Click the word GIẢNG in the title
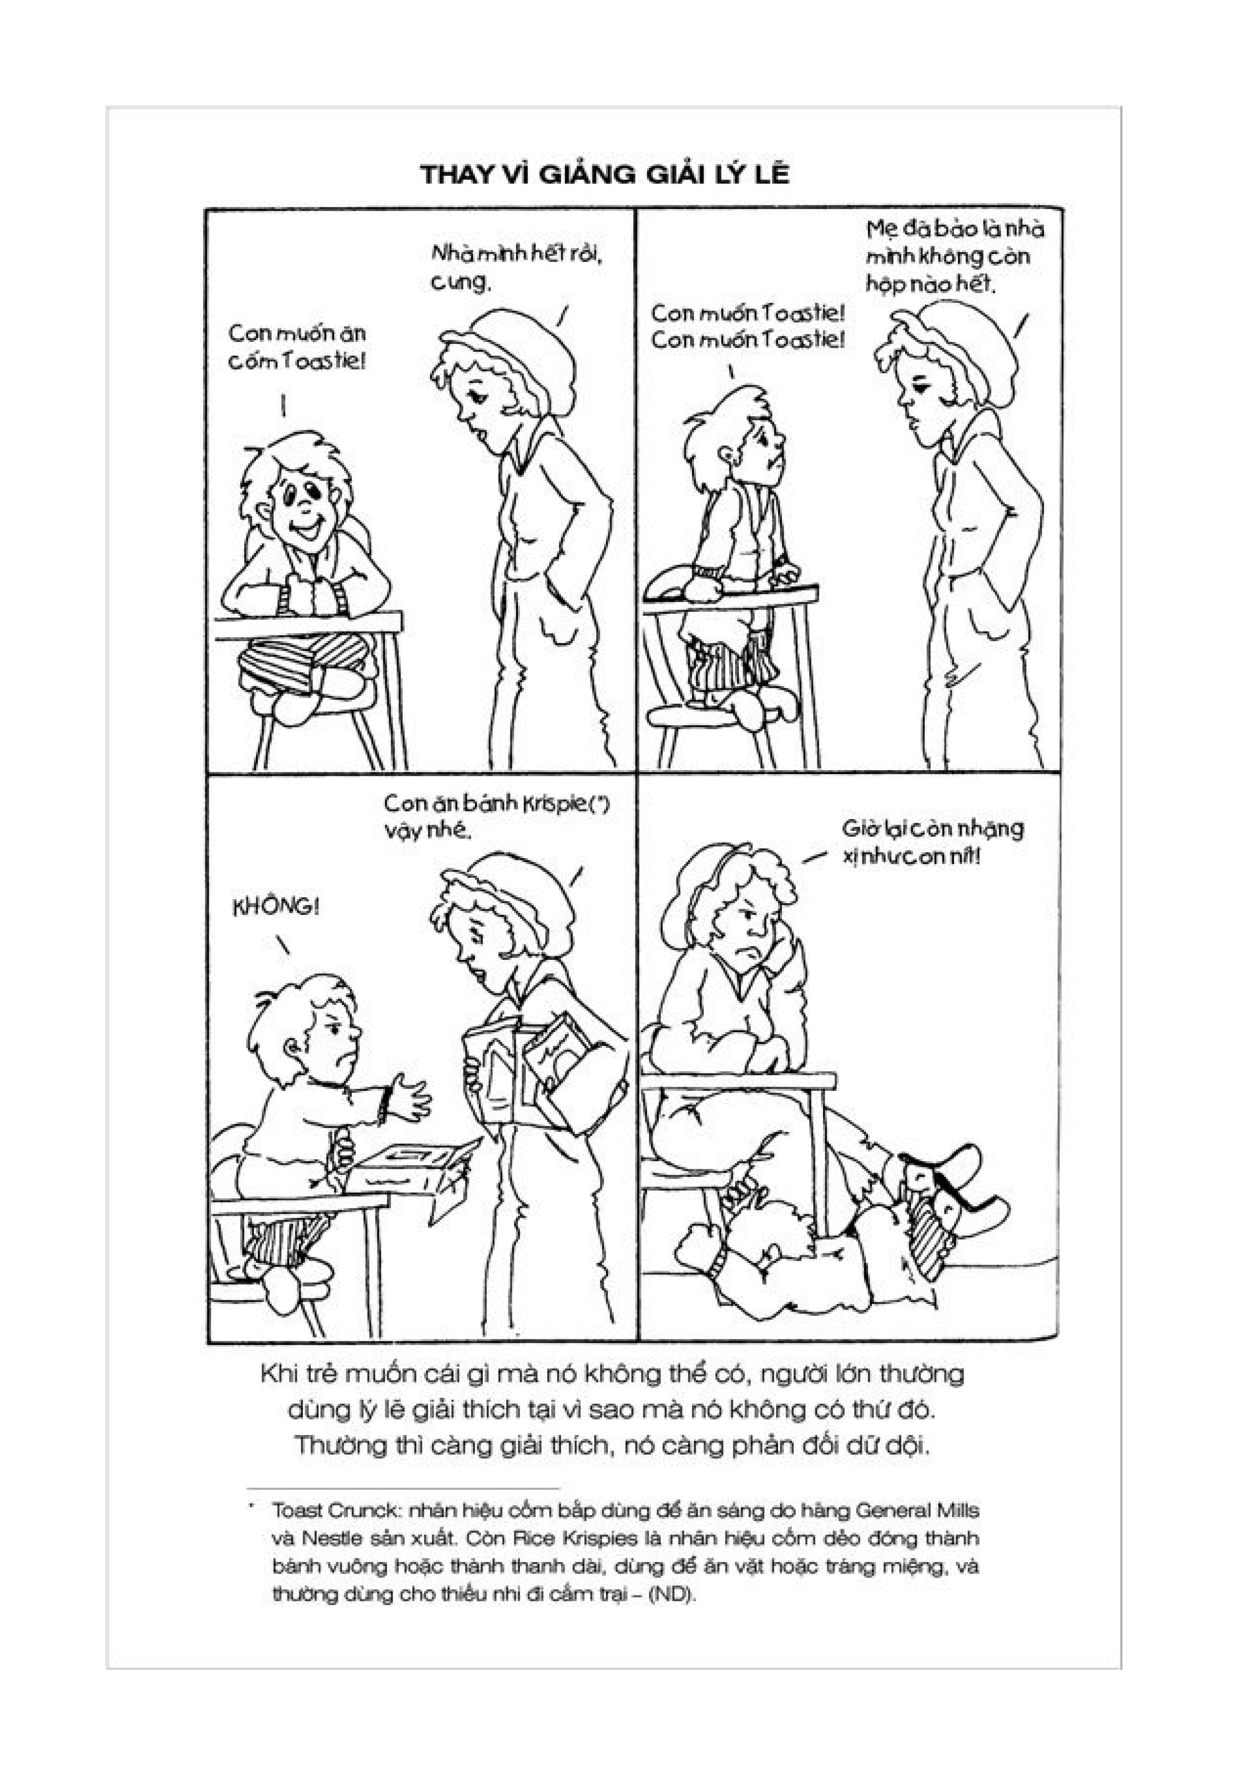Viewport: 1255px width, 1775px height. pos(585,175)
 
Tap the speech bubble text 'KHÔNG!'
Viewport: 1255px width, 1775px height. pos(276,906)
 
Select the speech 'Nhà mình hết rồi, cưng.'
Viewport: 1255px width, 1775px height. pos(515,268)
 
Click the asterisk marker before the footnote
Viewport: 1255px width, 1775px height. pos(251,1506)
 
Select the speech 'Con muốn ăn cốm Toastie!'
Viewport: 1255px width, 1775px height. pos(297,347)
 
